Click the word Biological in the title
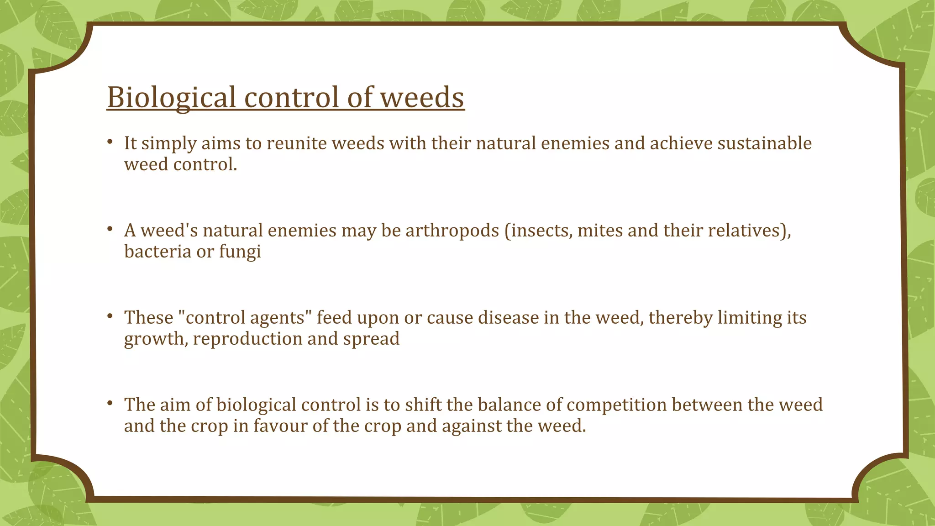171,97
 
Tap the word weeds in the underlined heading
422,97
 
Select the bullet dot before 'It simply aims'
110,142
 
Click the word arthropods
452,231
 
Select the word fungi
240,252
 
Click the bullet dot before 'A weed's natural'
110,229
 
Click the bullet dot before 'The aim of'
110,404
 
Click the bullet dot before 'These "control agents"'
110,316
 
